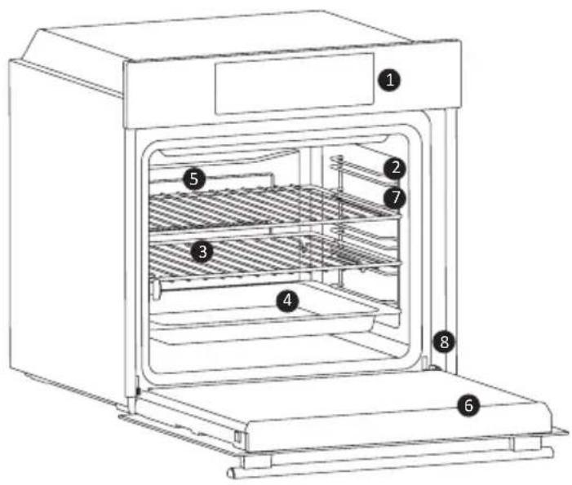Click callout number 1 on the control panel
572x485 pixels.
point(392,80)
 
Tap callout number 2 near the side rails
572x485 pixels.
point(395,169)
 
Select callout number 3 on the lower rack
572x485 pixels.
point(202,252)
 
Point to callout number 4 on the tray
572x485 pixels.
point(286,301)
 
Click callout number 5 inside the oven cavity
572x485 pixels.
point(193,179)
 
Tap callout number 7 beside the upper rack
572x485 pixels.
point(395,196)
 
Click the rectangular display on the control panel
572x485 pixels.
point(293,84)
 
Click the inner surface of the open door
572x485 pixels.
point(343,399)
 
